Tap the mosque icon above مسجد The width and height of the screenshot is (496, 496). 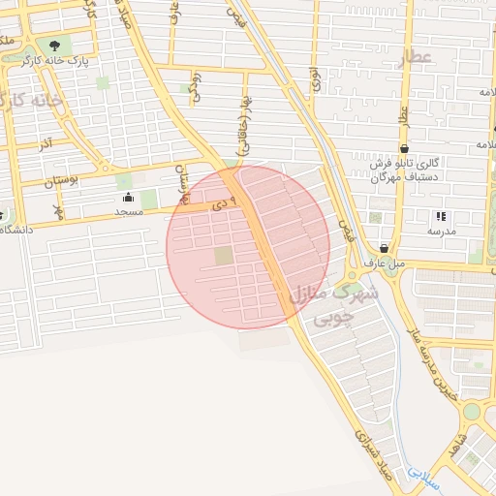point(129,198)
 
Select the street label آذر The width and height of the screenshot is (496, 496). point(46,143)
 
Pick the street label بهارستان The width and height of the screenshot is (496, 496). point(180,183)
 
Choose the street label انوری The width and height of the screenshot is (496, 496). point(316,78)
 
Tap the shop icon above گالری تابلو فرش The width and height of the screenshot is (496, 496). point(404,148)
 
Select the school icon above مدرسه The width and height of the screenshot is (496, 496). point(440,217)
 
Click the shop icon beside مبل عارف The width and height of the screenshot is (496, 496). point(385,248)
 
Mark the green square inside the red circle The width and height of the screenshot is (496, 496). point(224,255)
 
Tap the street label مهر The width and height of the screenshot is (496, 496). point(58,210)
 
